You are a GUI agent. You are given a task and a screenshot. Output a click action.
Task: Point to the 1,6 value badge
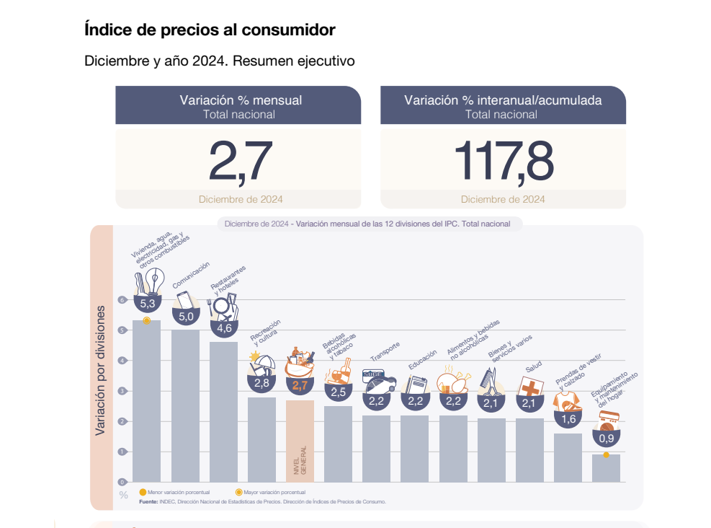[568, 419]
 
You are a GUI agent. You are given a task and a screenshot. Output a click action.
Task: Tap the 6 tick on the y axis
[122, 300]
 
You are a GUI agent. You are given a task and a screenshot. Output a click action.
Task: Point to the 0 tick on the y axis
[122, 482]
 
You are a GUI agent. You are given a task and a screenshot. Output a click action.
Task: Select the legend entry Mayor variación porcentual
[271, 492]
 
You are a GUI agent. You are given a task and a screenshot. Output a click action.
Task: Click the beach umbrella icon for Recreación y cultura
[261, 363]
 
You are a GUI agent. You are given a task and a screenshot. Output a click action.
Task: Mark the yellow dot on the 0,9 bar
[606, 454]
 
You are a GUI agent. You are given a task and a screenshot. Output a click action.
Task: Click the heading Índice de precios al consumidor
[210, 30]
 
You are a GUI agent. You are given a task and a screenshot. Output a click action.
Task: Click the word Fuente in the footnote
[148, 501]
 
